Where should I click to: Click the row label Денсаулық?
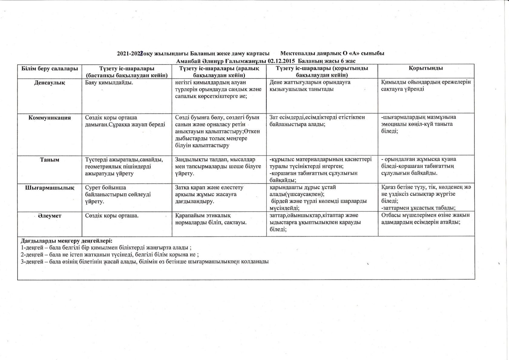[x=49, y=83]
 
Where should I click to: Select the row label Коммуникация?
[x=50, y=118]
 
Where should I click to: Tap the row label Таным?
[x=50, y=160]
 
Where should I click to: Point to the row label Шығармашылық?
[x=50, y=188]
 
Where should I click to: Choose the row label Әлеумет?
[x=50, y=216]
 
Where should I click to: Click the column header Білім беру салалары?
[x=50, y=68]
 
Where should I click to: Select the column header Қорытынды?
[x=426, y=68]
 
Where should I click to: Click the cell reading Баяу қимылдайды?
[x=109, y=83]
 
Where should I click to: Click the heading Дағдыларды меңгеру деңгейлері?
[x=67, y=241]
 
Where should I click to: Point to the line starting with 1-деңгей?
[x=106, y=248]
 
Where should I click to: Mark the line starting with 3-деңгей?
[x=145, y=262]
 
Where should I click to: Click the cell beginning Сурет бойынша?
[x=118, y=194]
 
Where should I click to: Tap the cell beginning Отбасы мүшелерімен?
[x=426, y=218]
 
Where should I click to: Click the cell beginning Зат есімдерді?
[x=317, y=121]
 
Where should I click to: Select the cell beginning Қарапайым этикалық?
[x=211, y=219]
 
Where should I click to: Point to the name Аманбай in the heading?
[x=187, y=61]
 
